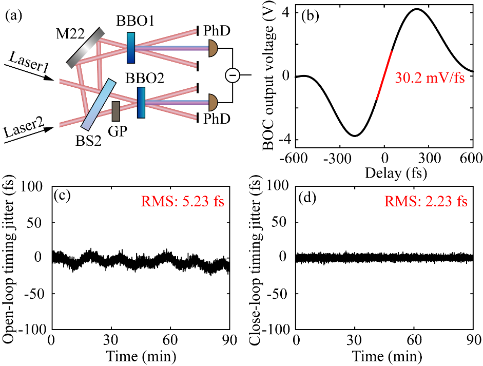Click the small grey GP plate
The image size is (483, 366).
(x=116, y=111)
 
